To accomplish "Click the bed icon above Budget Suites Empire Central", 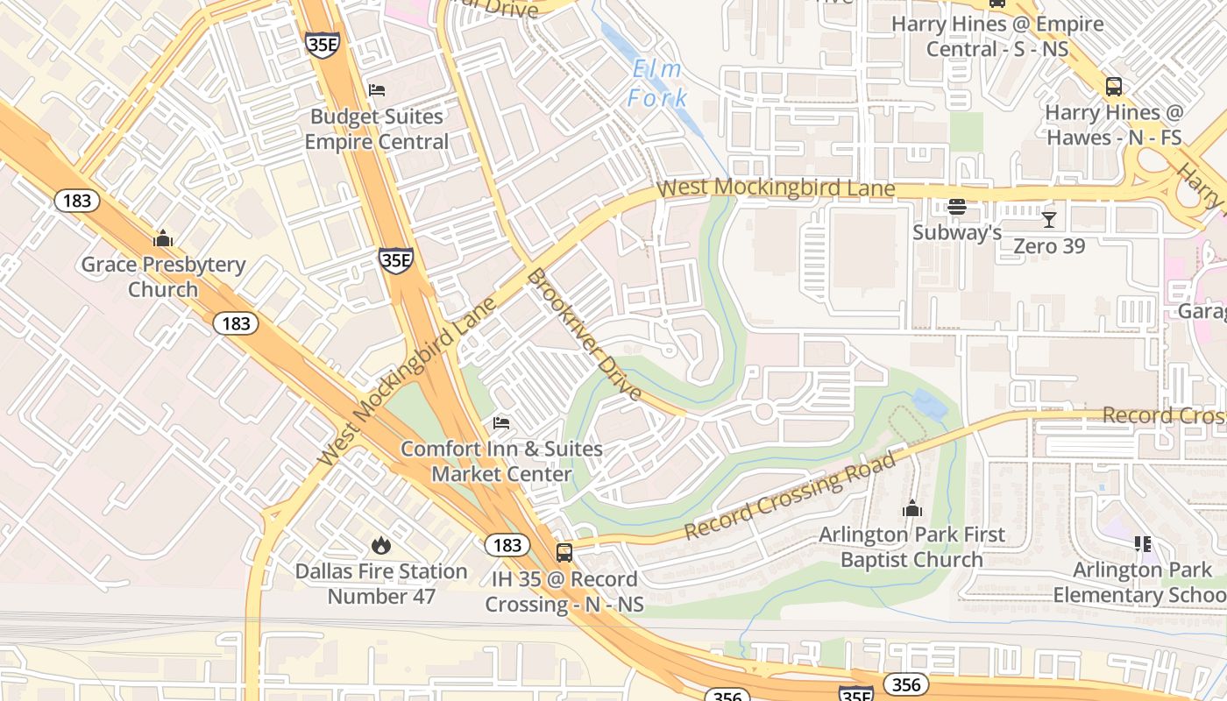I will (377, 90).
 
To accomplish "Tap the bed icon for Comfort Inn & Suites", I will (501, 423).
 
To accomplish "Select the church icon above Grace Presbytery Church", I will (163, 238).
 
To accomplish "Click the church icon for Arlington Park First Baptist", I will (912, 509).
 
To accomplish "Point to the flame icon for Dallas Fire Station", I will (380, 546).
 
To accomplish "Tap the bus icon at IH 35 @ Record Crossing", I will (564, 553).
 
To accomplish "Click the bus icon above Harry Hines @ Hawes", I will (1113, 87).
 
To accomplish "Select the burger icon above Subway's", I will (957, 208).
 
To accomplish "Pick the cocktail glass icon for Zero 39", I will (1049, 219).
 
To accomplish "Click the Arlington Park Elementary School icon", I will (1143, 544).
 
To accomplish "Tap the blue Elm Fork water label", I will (657, 83).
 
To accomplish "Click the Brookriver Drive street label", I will (585, 335).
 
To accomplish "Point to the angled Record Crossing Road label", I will (791, 496).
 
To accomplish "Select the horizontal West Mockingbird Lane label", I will (776, 188).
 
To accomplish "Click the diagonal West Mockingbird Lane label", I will (408, 381).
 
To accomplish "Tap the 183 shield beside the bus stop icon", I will (507, 545).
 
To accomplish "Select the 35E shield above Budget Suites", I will (323, 45).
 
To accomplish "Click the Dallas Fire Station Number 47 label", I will (380, 584).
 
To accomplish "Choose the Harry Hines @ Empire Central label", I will (997, 36).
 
